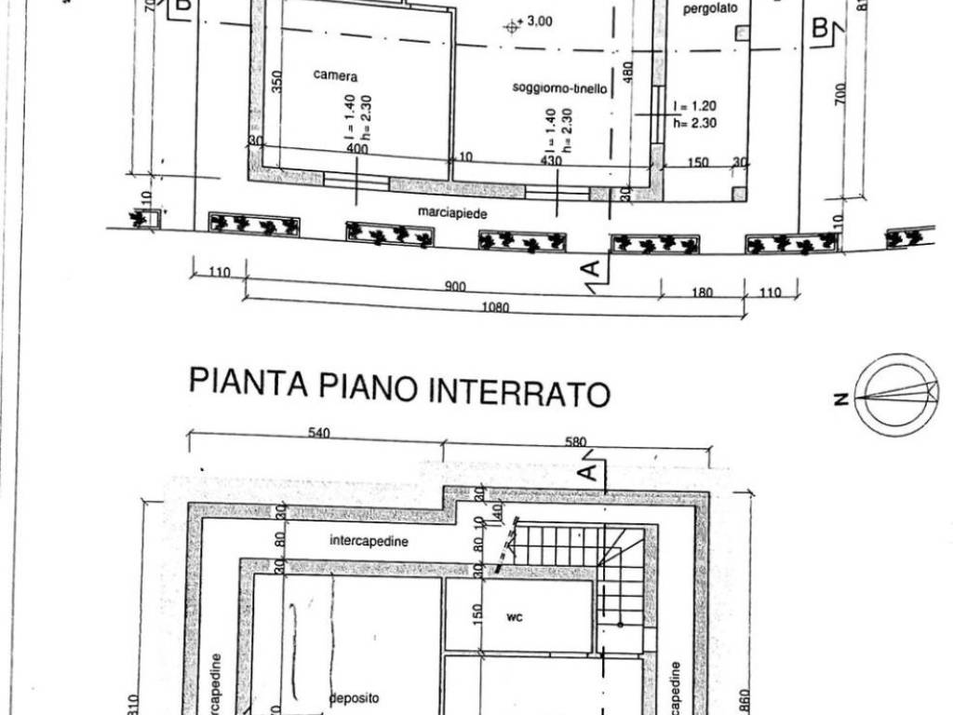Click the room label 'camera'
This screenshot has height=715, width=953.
click(335, 76)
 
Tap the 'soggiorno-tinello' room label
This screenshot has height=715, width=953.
click(559, 88)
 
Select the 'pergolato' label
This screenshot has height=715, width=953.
click(710, 8)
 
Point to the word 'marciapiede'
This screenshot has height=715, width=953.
click(453, 212)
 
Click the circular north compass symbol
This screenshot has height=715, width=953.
click(897, 395)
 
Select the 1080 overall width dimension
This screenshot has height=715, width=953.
click(496, 308)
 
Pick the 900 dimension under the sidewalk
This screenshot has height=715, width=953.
click(455, 287)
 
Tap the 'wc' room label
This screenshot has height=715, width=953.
click(513, 617)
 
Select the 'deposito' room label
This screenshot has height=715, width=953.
click(354, 697)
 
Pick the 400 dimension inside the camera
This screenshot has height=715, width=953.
click(356, 149)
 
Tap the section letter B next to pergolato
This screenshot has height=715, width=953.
click(821, 28)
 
